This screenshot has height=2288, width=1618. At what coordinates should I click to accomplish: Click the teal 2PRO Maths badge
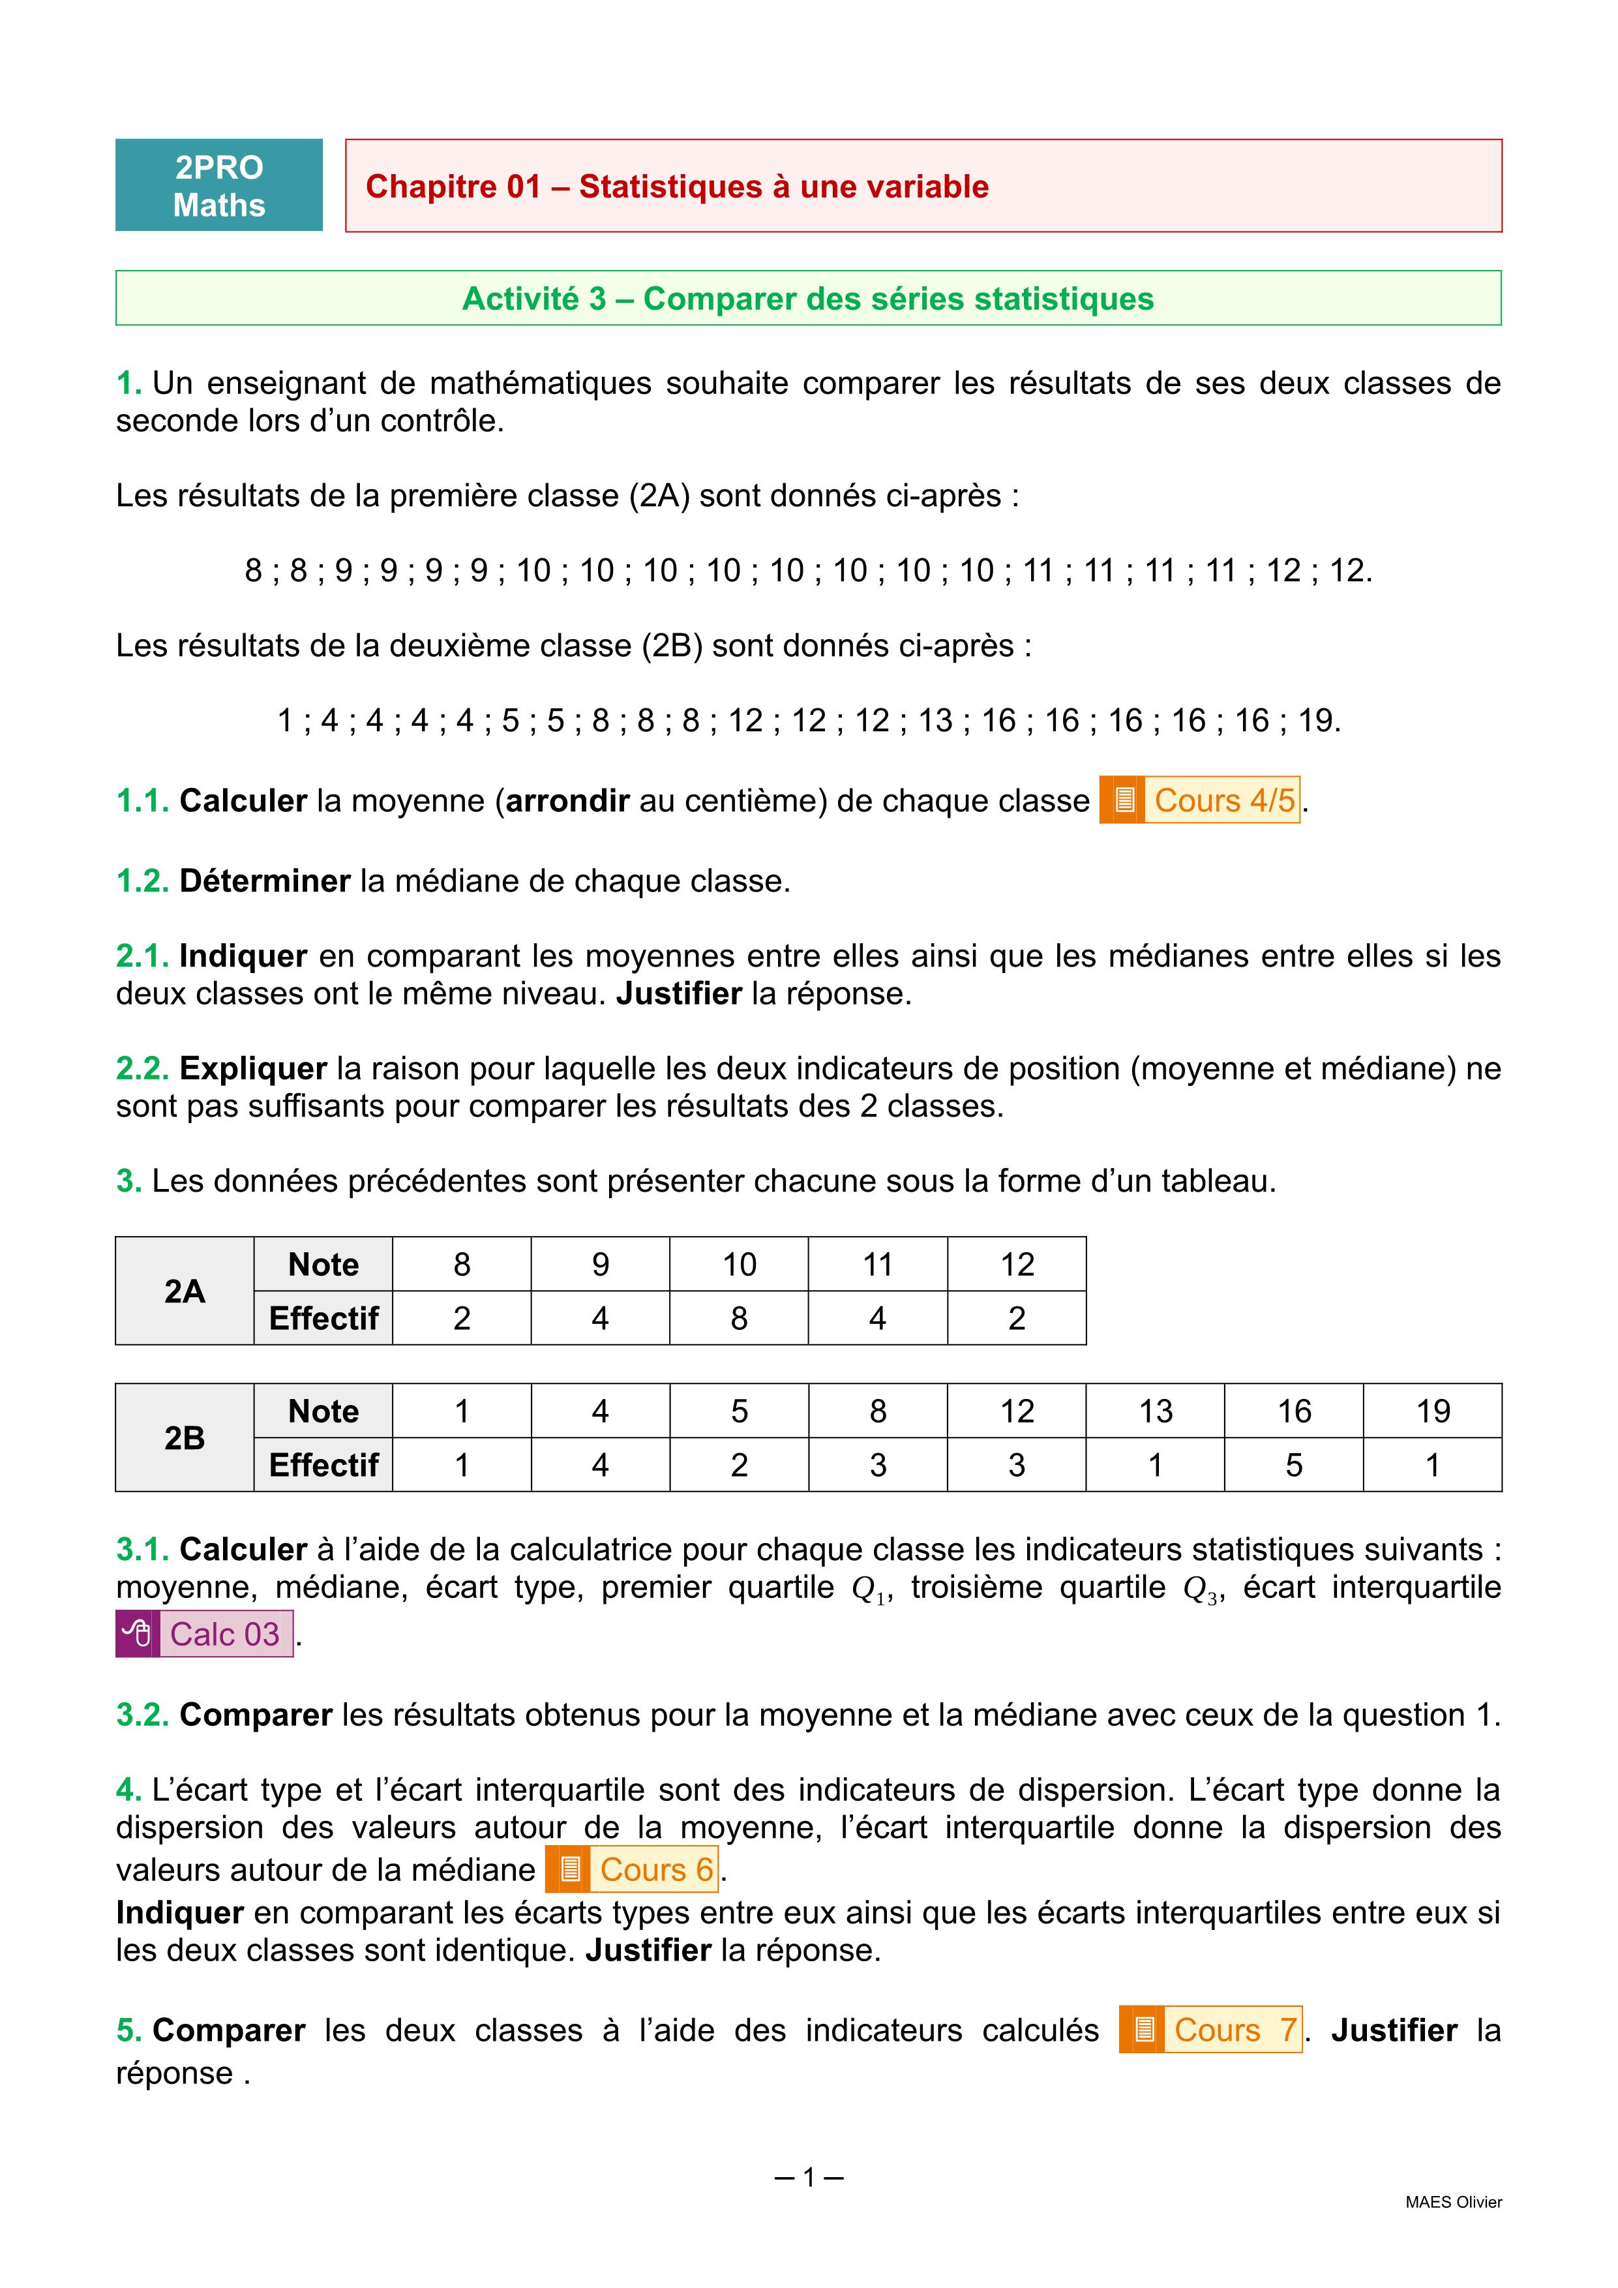[218, 185]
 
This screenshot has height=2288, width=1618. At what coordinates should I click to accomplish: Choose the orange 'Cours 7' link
[1210, 2030]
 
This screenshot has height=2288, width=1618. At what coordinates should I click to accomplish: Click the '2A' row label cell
[185, 1291]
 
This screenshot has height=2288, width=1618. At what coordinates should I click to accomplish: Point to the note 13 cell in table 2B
[1155, 1410]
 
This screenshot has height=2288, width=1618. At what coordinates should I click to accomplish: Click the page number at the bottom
[808, 2177]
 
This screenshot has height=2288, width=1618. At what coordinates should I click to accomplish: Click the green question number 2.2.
[142, 1068]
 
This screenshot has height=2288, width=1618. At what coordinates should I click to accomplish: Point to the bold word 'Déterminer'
[264, 881]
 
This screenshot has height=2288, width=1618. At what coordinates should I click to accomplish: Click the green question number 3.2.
[142, 1715]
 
